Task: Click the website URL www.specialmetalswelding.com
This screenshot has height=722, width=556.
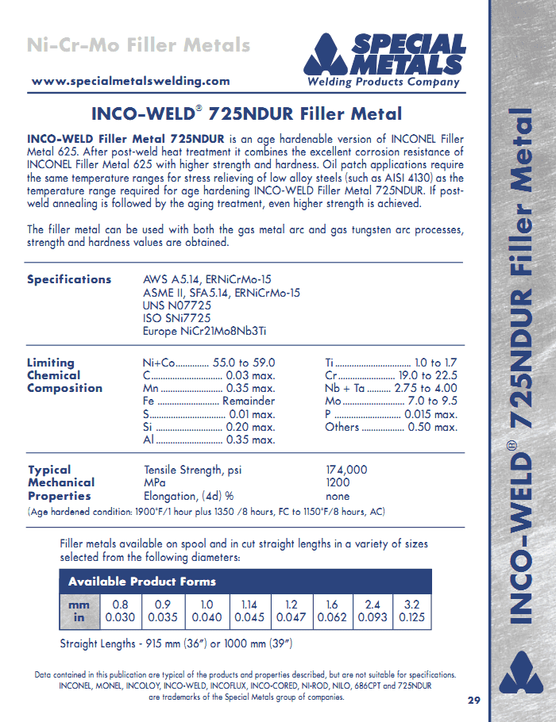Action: click(x=131, y=81)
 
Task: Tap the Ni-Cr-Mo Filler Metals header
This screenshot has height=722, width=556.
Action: click(x=138, y=44)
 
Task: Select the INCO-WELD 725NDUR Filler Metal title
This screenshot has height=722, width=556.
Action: click(x=246, y=114)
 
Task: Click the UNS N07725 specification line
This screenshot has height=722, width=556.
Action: click(x=176, y=305)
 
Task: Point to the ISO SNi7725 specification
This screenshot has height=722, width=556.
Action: click(x=176, y=318)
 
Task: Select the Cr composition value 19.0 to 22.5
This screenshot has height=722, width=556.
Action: click(x=427, y=375)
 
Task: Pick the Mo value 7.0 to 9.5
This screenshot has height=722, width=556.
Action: click(x=432, y=401)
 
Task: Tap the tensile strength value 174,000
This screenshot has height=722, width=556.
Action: click(x=347, y=470)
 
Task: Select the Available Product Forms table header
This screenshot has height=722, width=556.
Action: click(x=142, y=582)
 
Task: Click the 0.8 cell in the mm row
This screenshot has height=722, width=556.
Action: click(x=121, y=604)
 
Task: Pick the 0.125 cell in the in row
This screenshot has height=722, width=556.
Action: click(x=411, y=617)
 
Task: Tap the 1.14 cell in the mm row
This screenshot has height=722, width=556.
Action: click(x=249, y=604)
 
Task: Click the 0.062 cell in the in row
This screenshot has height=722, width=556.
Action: click(x=331, y=617)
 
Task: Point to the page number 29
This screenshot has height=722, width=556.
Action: click(x=473, y=701)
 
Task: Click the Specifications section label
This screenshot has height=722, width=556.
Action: click(x=69, y=279)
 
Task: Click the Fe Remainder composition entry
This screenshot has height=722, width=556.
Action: click(x=210, y=401)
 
